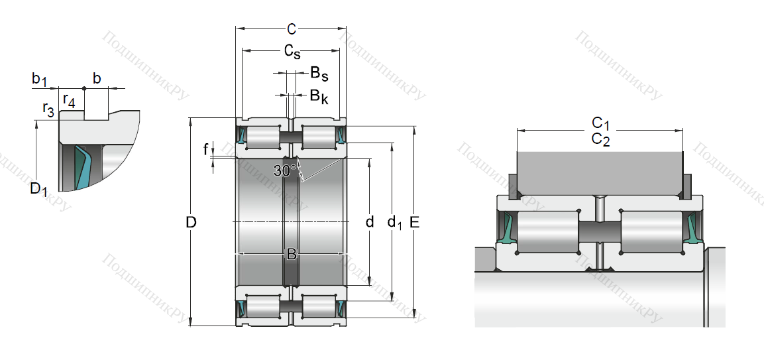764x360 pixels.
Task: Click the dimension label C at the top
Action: pos(291,29)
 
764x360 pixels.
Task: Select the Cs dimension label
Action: pos(292,51)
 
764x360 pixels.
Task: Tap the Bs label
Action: pos(319,73)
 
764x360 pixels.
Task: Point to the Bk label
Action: pos(319,96)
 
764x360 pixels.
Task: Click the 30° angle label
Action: pos(285,171)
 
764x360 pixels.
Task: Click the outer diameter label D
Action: pos(191,223)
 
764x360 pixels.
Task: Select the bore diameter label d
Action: pos(370,221)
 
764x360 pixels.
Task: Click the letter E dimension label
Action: pos(415,223)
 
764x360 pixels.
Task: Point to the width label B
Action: pos(291,254)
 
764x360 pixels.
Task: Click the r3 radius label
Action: pos(48,109)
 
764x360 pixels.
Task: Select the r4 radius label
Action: pos(68,101)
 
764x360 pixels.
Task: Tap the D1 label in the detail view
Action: pos(38,190)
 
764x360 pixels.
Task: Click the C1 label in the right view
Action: pos(600,123)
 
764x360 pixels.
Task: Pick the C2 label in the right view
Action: pos(600,139)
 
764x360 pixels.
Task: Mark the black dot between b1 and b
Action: pos(84,88)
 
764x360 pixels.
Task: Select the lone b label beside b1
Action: pos(97,79)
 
